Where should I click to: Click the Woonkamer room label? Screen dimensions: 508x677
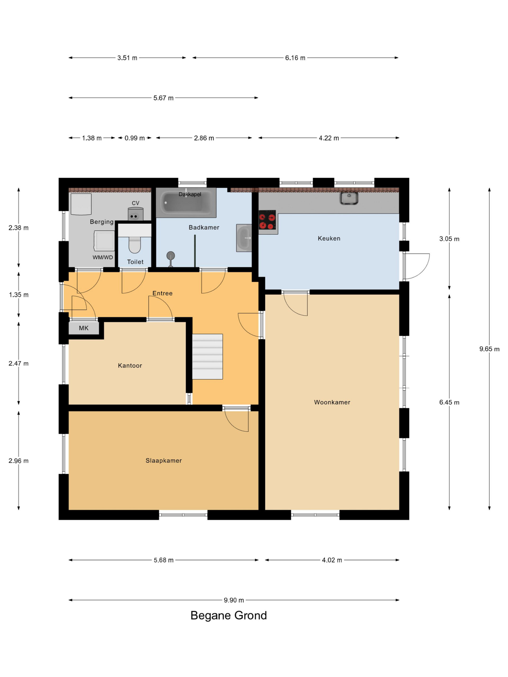coord(332,402)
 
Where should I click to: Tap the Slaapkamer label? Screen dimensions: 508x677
coord(164,460)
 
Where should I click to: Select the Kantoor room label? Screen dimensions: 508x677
coord(130,365)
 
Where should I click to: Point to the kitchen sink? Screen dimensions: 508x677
coord(349,198)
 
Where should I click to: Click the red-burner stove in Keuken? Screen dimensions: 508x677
coord(267,220)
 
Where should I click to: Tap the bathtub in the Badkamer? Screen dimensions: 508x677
coord(186,202)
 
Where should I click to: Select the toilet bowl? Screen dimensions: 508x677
coord(134,245)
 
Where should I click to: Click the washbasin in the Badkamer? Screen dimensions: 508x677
coord(244,238)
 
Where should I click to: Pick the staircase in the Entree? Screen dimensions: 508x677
coord(207,356)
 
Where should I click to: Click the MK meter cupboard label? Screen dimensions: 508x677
coord(84,328)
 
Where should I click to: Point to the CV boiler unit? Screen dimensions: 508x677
coord(136,214)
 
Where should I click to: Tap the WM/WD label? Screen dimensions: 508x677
coord(103,257)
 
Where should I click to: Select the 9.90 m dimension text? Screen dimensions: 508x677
coord(234,600)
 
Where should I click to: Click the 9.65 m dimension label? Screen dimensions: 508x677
coord(489,349)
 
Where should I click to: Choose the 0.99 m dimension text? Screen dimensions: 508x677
coord(134,138)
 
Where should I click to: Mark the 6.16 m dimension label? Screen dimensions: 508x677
coord(295,58)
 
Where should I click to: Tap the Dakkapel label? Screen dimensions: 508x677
coord(190,194)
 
